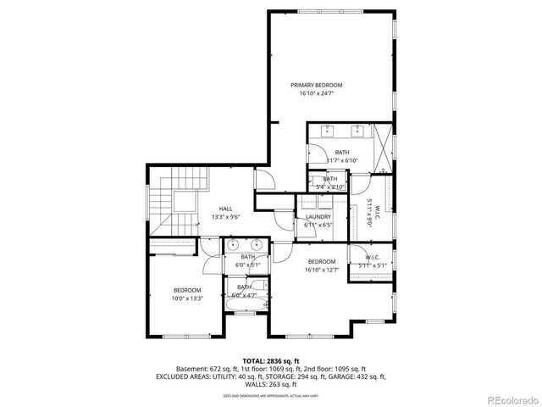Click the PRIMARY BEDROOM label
(x=316, y=85)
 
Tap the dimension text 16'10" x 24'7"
(x=316, y=93)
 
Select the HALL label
(x=226, y=209)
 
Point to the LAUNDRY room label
(x=318, y=217)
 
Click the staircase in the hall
(x=188, y=191)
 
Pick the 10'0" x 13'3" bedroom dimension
(x=188, y=298)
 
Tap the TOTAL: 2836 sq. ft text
(x=270, y=361)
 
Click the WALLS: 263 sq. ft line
(x=270, y=384)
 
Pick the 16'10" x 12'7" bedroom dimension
(x=322, y=270)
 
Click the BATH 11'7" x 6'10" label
(x=341, y=155)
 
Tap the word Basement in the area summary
(x=191, y=369)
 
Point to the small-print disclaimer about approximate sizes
(x=270, y=395)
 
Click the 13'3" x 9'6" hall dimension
(x=226, y=217)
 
